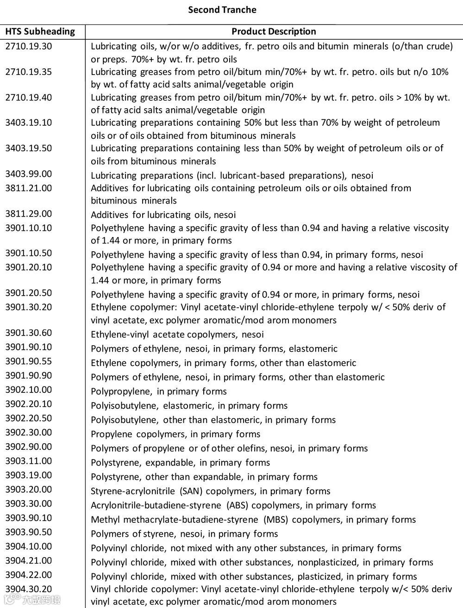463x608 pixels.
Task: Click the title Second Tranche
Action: coord(222,10)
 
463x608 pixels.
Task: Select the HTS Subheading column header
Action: coord(40,31)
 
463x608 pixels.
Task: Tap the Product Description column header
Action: coord(274,31)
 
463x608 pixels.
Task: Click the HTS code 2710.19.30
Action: coord(29,46)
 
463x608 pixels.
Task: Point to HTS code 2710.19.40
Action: coord(29,97)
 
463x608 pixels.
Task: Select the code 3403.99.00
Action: coord(29,174)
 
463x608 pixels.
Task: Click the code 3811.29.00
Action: coord(29,214)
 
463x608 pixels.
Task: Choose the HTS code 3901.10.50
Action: coord(29,253)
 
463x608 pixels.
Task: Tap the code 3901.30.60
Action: coord(29,333)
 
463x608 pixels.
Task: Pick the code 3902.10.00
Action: coord(29,390)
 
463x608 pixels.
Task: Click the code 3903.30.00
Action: coord(29,503)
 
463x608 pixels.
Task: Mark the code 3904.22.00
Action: coord(29,575)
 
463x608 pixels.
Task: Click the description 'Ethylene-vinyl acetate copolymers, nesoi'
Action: coord(177,335)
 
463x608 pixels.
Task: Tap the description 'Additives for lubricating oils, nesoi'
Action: coord(163,215)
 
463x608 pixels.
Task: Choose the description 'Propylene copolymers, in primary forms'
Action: coord(175,434)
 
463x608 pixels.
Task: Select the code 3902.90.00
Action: coord(29,447)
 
